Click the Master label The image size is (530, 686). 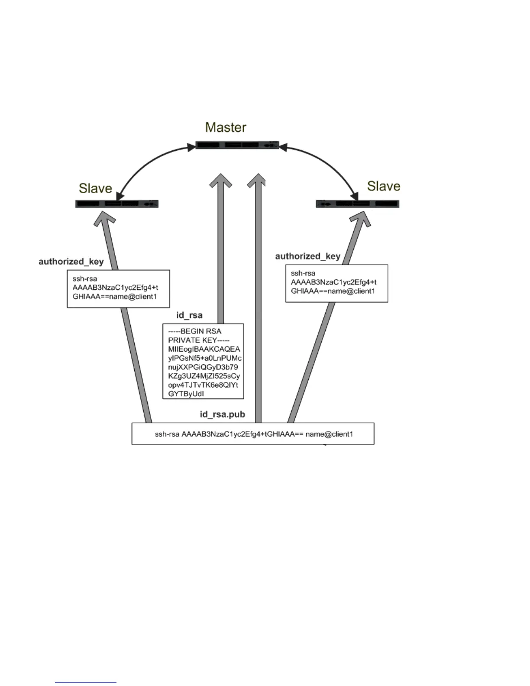point(226,127)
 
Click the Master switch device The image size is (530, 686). point(237,145)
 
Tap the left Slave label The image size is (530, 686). point(95,188)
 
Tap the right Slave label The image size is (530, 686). point(384,186)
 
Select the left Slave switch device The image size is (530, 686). point(117,204)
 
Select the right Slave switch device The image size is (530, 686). point(357,204)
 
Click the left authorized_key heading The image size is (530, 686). point(71,261)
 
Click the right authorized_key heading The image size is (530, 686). point(308,256)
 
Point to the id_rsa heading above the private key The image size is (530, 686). point(189,315)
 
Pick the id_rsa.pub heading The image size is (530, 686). point(222,414)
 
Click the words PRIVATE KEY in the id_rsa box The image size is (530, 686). point(199,340)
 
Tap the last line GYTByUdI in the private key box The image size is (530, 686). point(186,394)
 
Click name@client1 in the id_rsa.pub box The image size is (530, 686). point(330,434)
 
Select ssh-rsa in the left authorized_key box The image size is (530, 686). point(85,278)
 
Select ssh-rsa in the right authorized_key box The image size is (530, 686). point(303,273)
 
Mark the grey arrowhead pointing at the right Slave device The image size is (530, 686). point(362,219)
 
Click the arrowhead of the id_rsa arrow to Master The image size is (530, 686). point(221,181)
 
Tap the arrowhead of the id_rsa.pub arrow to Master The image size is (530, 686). point(258,181)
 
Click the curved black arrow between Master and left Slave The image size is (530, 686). point(147,162)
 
